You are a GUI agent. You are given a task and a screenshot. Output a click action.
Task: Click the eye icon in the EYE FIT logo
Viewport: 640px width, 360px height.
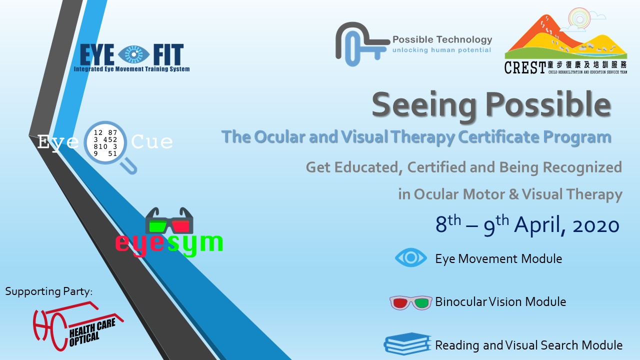pyautogui.click(x=133, y=54)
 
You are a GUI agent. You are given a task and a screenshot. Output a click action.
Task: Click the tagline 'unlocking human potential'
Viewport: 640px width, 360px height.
pyautogui.click(x=441, y=50)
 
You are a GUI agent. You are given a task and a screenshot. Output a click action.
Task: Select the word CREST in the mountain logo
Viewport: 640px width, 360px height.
pyautogui.click(x=525, y=67)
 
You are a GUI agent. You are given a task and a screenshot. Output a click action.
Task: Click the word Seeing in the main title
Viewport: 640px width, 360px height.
pyautogui.click(x=423, y=105)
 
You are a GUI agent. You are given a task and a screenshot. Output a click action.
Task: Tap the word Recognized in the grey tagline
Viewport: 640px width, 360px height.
pyautogui.click(x=582, y=167)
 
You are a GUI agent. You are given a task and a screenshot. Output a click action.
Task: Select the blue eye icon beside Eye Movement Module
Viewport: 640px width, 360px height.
pyautogui.click(x=411, y=257)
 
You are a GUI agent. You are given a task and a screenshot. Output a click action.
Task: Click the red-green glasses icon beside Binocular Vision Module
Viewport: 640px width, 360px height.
pyautogui.click(x=411, y=302)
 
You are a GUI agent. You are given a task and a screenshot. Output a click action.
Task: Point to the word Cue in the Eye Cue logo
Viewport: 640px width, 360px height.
pyautogui.click(x=152, y=141)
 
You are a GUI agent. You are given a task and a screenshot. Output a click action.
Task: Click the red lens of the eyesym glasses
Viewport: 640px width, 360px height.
pyautogui.click(x=180, y=226)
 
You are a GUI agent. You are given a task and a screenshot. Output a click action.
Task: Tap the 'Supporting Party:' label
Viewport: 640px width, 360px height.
pyautogui.click(x=49, y=291)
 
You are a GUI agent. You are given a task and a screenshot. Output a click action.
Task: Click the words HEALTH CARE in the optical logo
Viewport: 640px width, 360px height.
pyautogui.click(x=92, y=327)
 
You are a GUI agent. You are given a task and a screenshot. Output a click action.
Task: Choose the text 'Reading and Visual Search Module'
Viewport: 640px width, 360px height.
pyautogui.click(x=528, y=345)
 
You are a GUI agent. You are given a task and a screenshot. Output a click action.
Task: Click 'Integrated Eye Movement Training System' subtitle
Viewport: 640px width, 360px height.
pyautogui.click(x=131, y=69)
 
